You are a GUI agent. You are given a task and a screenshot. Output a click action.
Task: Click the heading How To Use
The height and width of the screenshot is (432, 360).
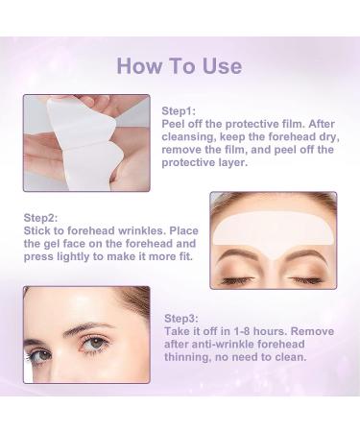180,65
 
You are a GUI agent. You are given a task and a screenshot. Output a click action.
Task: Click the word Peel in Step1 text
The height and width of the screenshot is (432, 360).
176,124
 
